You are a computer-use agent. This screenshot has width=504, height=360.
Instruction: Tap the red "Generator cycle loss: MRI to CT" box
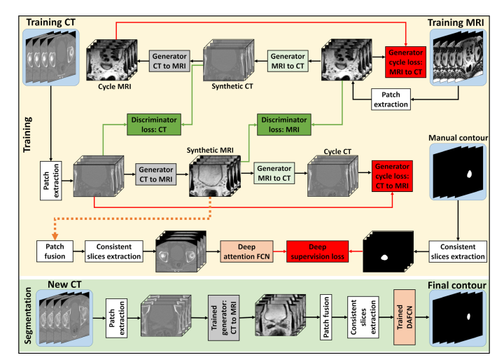tap(405, 62)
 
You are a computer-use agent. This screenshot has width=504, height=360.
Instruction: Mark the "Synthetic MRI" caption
tap(210, 150)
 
